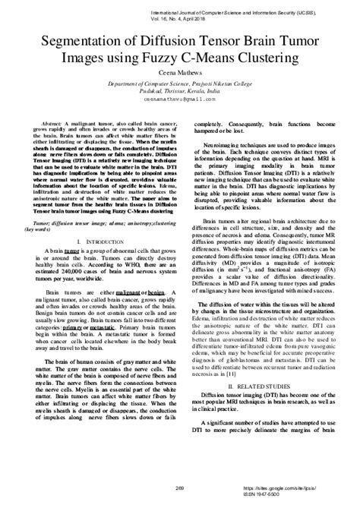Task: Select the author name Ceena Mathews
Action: (x=180, y=72)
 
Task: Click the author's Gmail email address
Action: (x=180, y=99)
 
